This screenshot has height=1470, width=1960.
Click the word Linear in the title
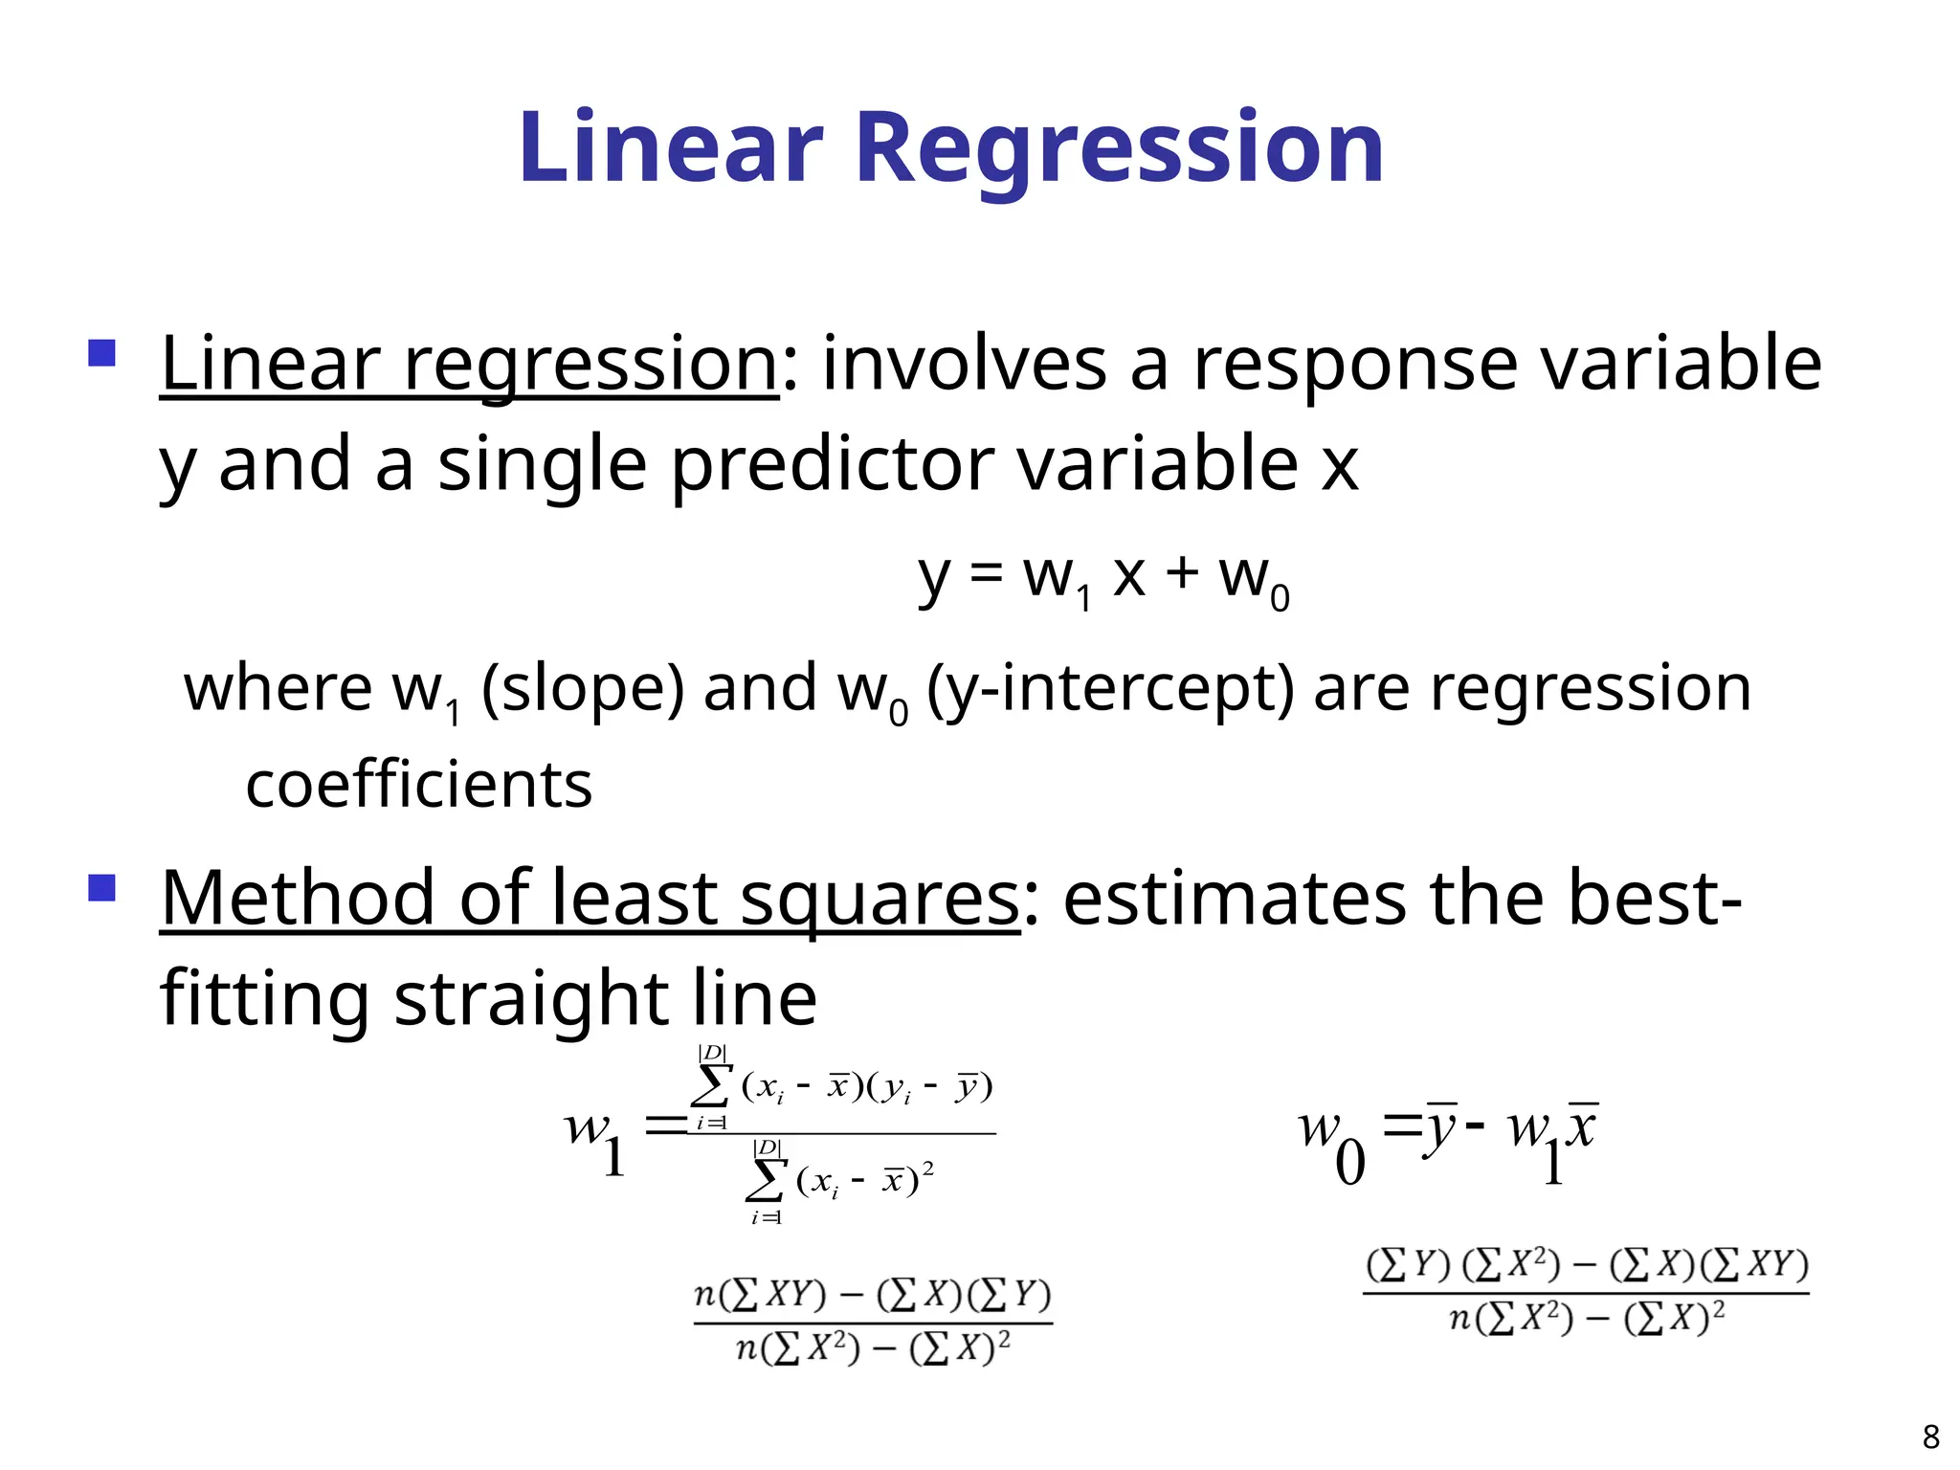click(670, 148)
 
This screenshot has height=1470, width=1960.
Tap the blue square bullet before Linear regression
click(101, 353)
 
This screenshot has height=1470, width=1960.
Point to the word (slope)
click(582, 689)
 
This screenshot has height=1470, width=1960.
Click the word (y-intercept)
click(1110, 689)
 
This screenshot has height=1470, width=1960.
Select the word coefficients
click(418, 785)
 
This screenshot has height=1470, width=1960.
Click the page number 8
click(1930, 1437)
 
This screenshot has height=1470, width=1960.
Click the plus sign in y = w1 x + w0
click(1182, 573)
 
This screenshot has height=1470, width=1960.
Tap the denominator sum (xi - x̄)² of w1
click(842, 1183)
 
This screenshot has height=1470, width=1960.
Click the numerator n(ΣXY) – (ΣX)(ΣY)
click(872, 1296)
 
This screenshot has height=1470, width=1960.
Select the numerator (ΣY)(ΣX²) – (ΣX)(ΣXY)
click(1587, 1265)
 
